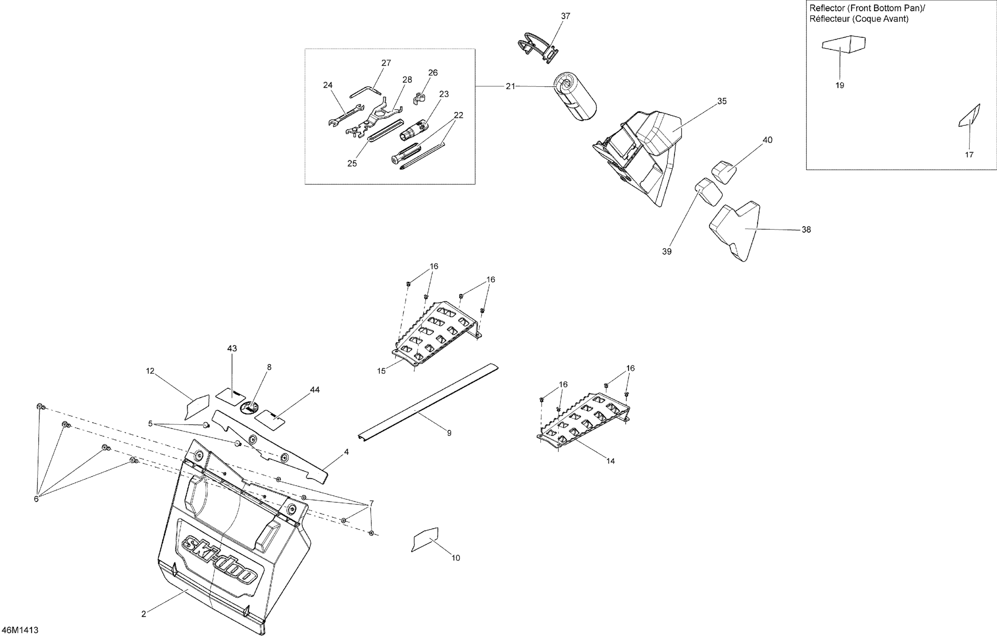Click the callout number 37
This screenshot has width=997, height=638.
point(565,16)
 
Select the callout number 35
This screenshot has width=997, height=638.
point(722,101)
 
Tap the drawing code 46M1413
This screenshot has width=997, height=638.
point(20,630)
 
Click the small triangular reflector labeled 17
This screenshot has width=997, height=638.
point(970,116)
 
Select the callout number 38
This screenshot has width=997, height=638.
point(806,230)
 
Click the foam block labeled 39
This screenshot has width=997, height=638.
point(709,191)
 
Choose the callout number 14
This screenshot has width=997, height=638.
point(611,461)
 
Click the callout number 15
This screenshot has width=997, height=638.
point(381,371)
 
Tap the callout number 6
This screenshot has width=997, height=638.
point(36,499)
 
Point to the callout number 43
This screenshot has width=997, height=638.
point(232,348)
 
